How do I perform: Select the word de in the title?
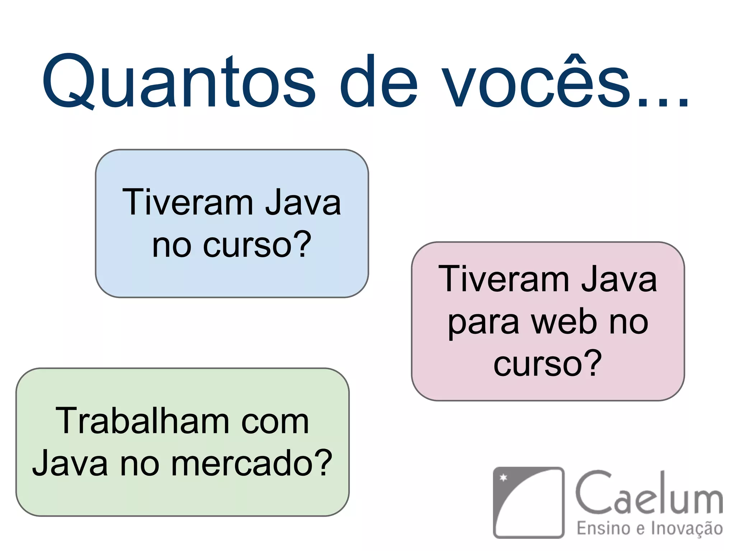pyautogui.click(x=378, y=82)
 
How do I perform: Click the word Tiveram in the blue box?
pyautogui.click(x=188, y=203)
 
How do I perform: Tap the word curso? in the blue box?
pyautogui.click(x=257, y=245)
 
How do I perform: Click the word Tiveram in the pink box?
pyautogui.click(x=504, y=279)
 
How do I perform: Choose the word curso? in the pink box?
pyautogui.click(x=548, y=364)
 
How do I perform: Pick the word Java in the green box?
pyautogui.click(x=70, y=463)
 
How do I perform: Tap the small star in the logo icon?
pyautogui.click(x=504, y=477)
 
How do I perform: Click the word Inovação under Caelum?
pyautogui.click(x=687, y=529)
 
